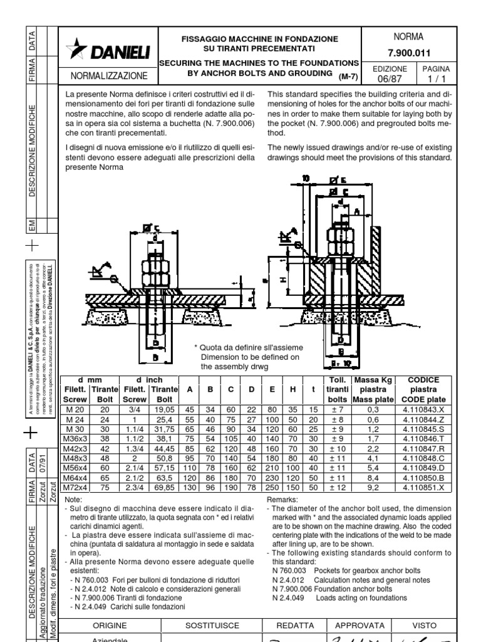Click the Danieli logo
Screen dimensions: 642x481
point(109,50)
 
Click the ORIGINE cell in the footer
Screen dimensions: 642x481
point(110,626)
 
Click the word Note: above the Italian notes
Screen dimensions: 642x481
point(74,498)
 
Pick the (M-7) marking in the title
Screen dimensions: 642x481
point(348,76)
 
